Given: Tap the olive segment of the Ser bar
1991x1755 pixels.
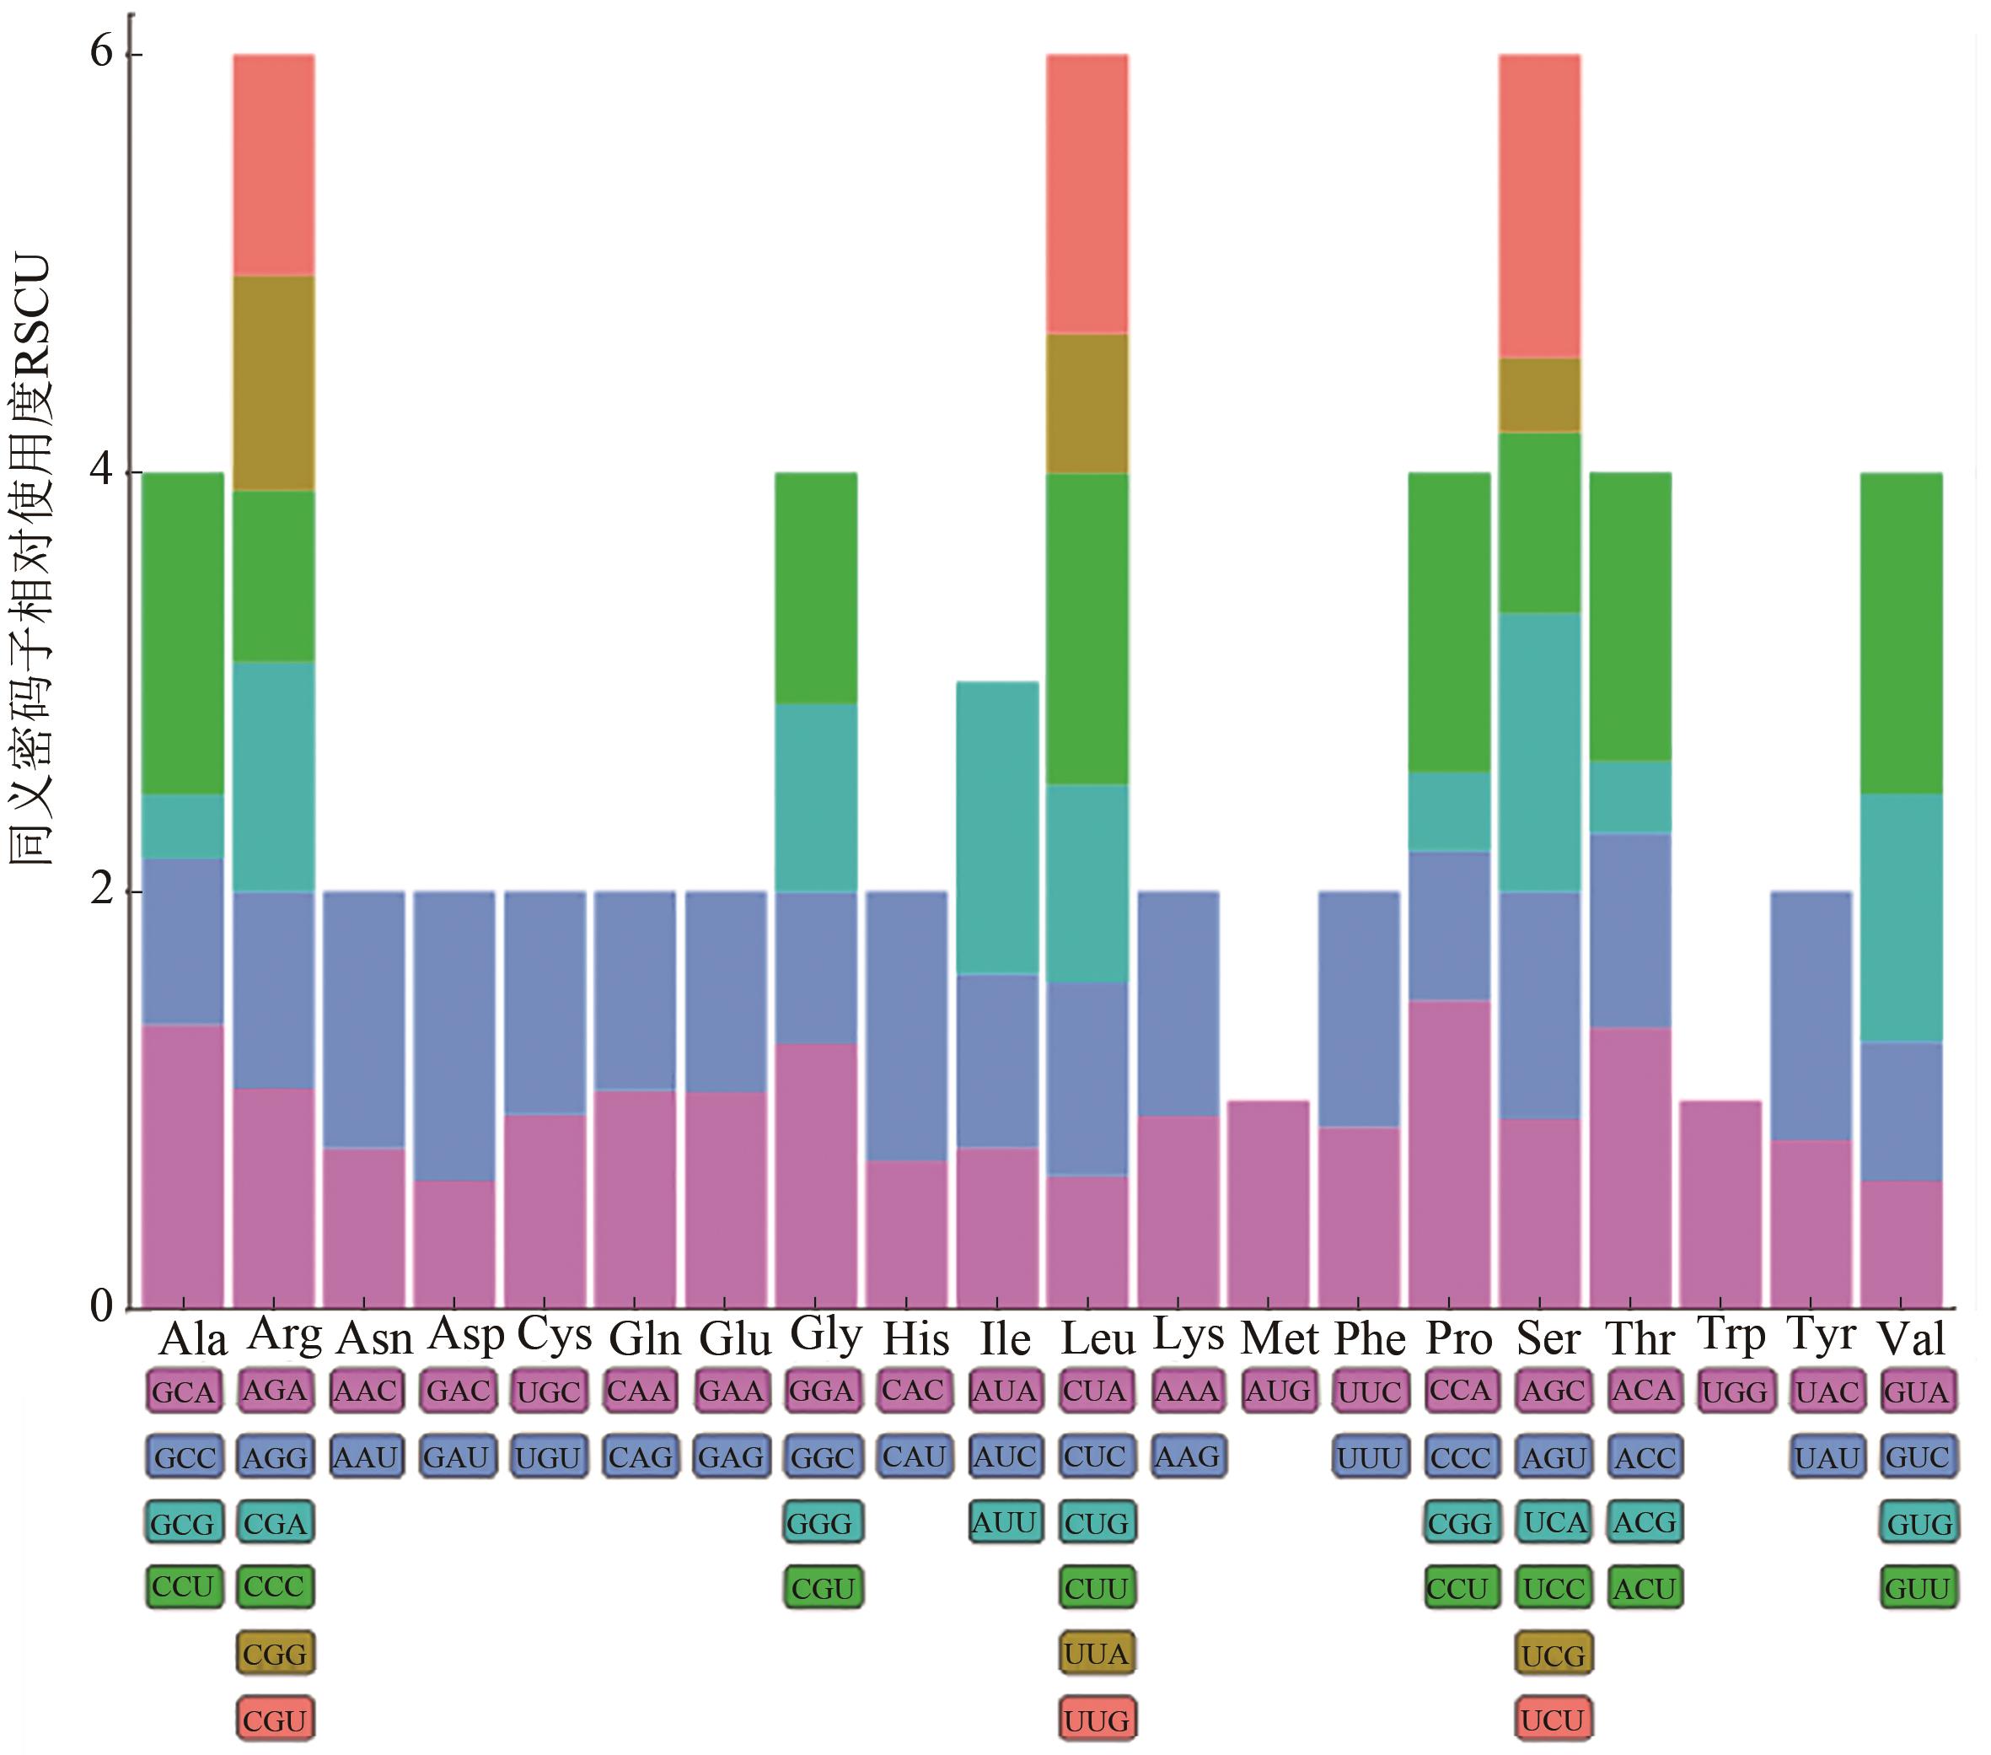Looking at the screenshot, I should click(x=1539, y=395).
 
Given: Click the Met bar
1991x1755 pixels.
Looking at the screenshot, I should click(x=1269, y=1203).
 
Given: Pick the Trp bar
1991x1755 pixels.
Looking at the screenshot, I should click(x=1720, y=1203).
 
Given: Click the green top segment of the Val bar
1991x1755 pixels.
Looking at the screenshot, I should click(x=1901, y=633).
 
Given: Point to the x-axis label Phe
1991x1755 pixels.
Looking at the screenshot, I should click(x=1369, y=1338).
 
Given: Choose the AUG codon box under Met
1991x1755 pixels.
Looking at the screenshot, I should click(x=1278, y=1391).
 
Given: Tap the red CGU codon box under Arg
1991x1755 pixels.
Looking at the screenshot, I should click(x=275, y=1720).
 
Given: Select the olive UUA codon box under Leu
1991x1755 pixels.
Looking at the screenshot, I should click(x=1096, y=1654).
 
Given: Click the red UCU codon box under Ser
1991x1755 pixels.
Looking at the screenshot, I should click(x=1553, y=1720).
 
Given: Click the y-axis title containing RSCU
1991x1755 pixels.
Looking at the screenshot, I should click(x=30, y=560).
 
